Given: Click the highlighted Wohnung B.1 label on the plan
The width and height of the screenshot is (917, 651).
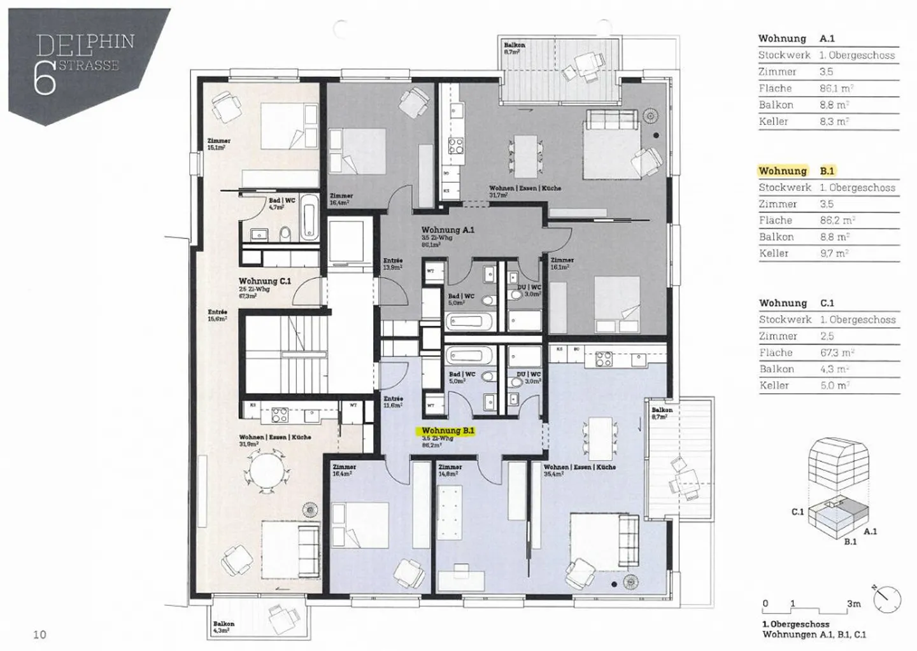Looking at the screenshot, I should [x=448, y=431].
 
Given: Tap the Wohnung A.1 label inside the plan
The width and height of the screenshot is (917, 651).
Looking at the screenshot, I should [x=447, y=230].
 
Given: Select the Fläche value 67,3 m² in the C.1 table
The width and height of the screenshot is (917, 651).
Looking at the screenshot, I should [x=836, y=353].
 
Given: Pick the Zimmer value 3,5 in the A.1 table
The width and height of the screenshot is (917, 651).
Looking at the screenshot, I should [x=826, y=72].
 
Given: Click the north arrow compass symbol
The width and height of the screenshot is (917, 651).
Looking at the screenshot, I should [x=887, y=599].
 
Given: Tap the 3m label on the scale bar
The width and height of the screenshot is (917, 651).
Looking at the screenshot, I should [x=853, y=603].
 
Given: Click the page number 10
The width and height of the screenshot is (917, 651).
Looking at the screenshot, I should [x=39, y=634].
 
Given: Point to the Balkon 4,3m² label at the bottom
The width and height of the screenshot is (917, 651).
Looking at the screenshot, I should [x=224, y=627].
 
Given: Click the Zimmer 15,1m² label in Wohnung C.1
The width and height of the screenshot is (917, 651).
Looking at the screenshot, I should [x=218, y=144].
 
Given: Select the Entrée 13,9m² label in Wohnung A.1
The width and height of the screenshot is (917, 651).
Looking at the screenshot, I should [x=393, y=264].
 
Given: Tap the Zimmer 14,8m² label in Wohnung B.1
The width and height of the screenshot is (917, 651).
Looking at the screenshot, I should [x=450, y=470].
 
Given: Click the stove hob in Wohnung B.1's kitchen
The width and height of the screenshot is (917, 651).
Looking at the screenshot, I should [x=603, y=359].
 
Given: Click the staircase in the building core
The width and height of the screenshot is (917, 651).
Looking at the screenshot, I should [x=283, y=356].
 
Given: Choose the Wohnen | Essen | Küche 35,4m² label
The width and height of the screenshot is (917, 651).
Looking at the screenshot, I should [x=579, y=470].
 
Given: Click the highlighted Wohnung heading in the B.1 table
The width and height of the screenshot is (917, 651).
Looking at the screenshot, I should [x=783, y=171].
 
